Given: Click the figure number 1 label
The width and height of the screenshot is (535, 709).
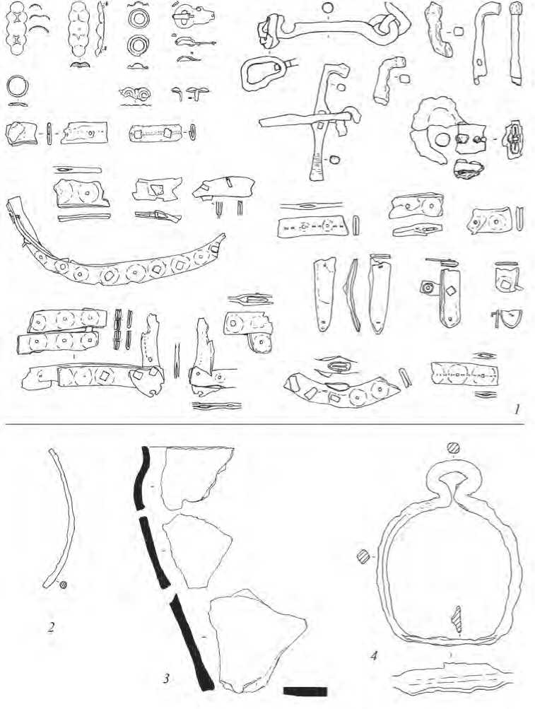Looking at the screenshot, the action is [516, 410].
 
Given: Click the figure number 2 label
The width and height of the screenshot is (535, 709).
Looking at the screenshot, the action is [51, 628].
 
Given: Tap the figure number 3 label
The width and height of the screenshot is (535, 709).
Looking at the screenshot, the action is [166, 678].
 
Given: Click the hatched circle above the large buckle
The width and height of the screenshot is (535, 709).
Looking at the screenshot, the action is [453, 448].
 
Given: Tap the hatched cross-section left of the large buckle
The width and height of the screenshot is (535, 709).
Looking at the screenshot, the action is [363, 556].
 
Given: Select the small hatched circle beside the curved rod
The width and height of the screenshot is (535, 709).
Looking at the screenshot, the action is [63, 585].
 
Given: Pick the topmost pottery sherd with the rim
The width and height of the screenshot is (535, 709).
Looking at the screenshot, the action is [196, 479].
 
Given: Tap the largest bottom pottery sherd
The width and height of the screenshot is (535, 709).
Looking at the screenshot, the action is [257, 641].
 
